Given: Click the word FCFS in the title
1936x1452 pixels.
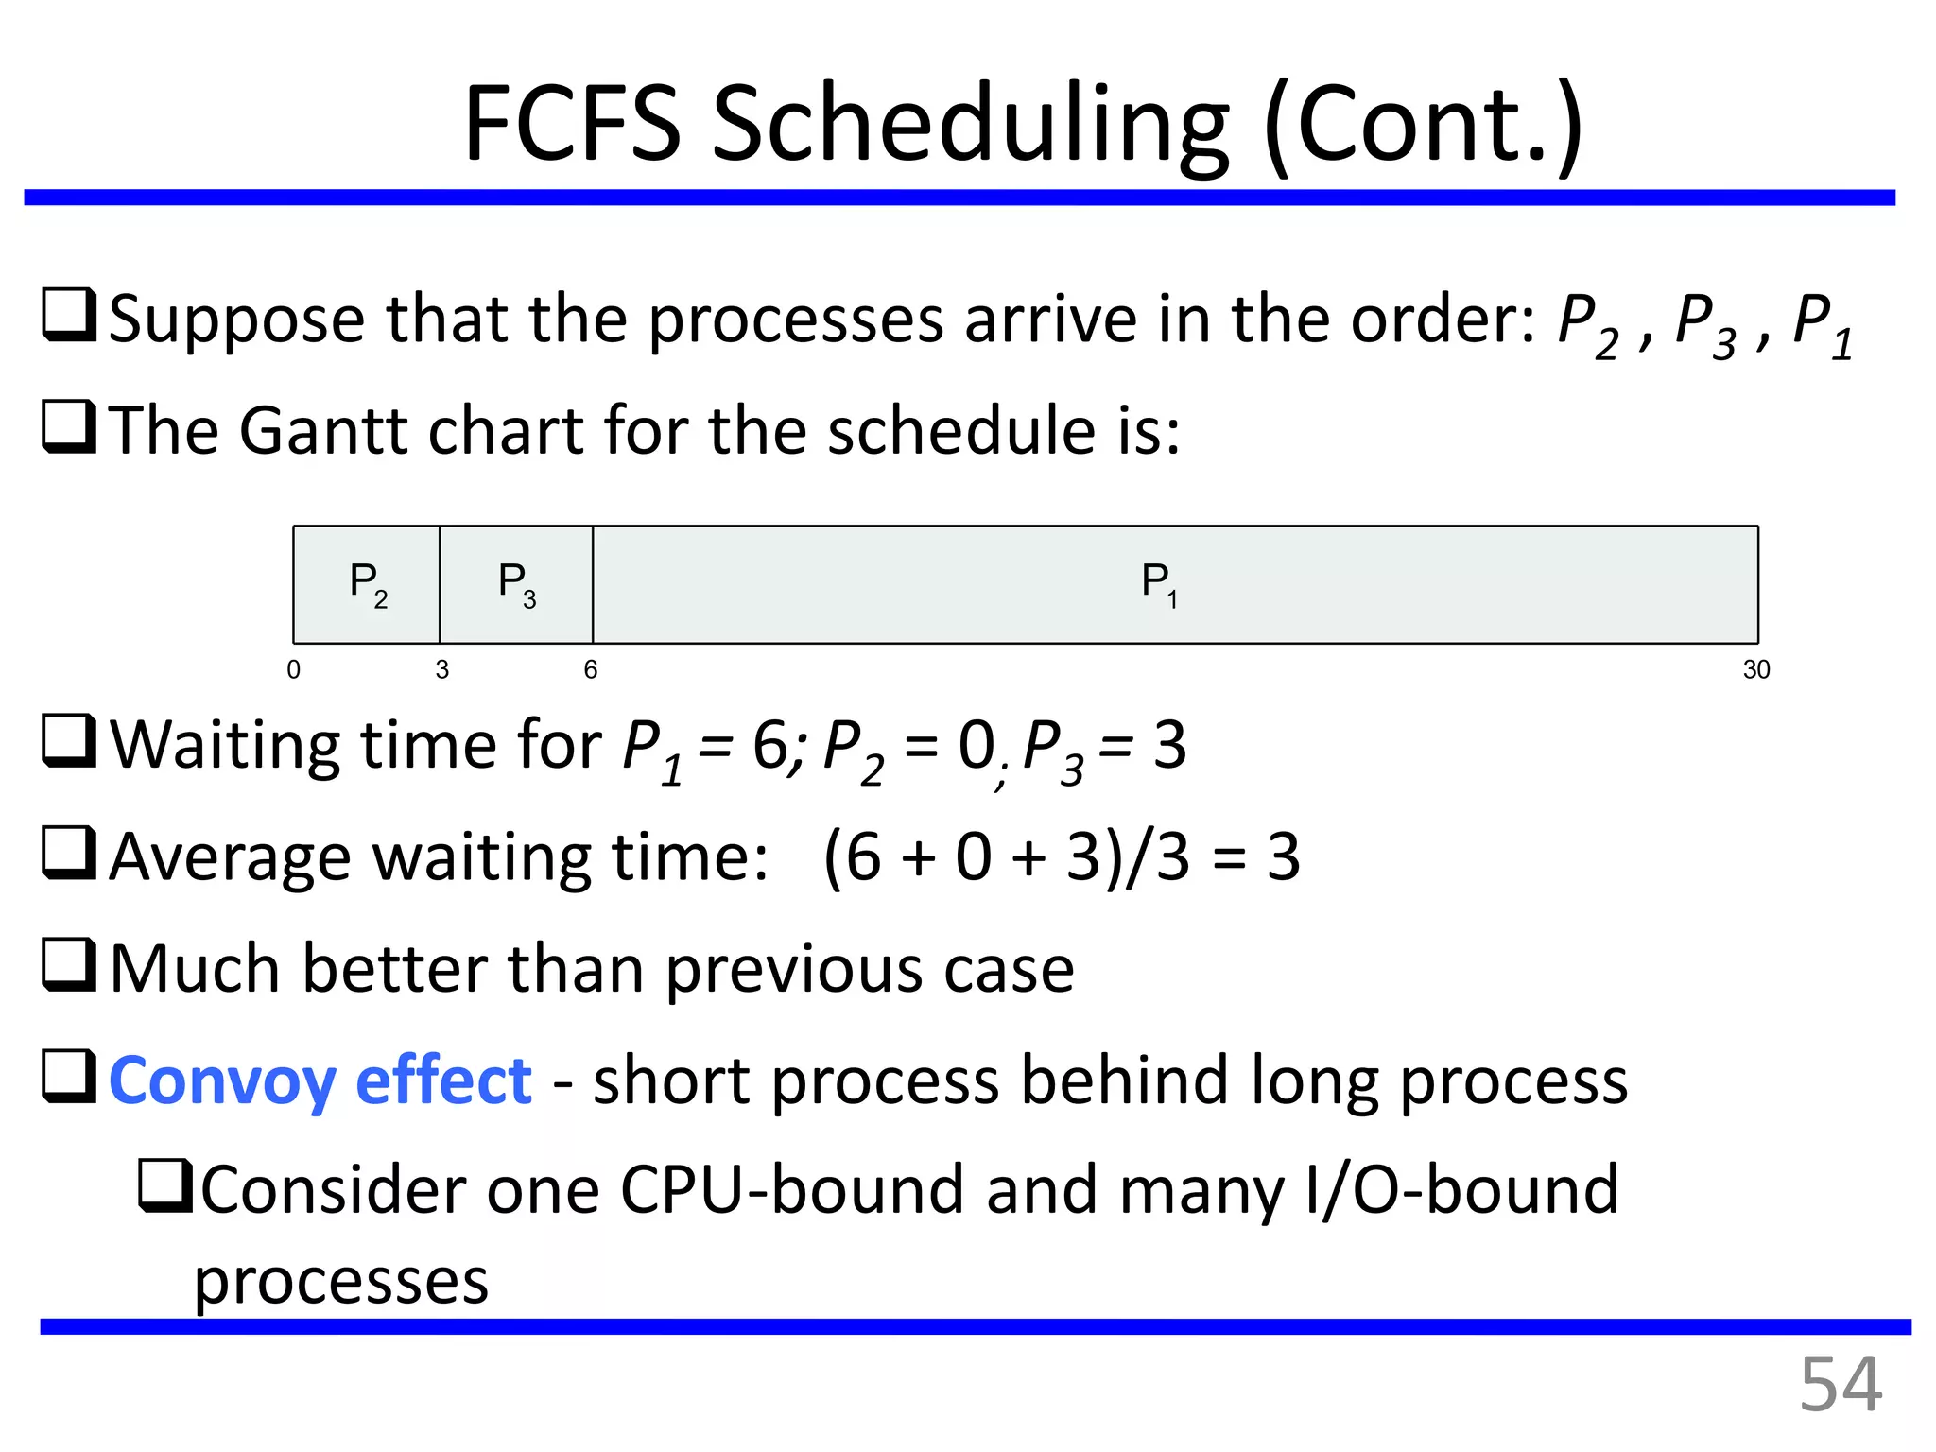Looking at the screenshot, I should (572, 124).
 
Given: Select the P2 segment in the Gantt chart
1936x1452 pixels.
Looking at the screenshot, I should (367, 584).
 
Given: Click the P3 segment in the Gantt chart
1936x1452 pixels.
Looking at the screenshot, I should (516, 584).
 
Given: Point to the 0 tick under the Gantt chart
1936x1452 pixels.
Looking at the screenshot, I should (294, 670).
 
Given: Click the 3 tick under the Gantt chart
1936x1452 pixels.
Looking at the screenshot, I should (441, 670).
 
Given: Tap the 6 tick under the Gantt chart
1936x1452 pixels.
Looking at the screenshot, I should (591, 670).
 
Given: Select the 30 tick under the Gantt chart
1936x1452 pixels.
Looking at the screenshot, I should (1755, 670).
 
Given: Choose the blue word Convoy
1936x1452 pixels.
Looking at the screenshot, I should (222, 1081).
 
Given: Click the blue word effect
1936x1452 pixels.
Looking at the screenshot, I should (443, 1080).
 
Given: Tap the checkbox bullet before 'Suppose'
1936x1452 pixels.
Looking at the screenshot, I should (69, 316).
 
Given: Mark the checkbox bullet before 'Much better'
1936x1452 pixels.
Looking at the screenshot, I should (69, 965).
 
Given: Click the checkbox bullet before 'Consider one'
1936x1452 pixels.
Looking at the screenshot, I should (165, 1186).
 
